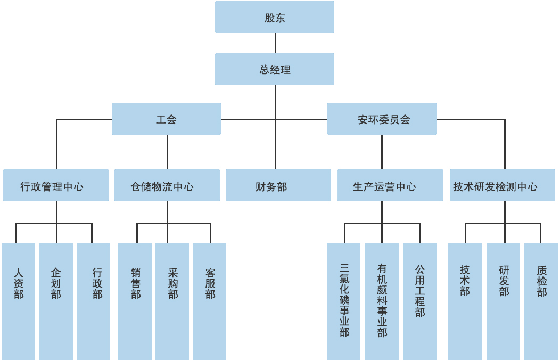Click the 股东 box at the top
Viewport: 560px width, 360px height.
click(x=275, y=17)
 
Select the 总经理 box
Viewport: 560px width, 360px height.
click(x=275, y=69)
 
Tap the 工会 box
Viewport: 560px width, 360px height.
click(x=166, y=119)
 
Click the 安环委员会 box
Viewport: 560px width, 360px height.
click(x=382, y=119)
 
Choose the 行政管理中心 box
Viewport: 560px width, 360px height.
click(x=56, y=185)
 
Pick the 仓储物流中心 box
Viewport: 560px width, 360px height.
click(x=167, y=185)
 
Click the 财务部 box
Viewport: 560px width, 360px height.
click(x=278, y=185)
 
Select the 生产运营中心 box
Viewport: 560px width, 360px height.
click(x=390, y=185)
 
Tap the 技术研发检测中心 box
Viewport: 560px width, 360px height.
click(x=502, y=185)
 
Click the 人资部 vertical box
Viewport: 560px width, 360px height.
click(x=19, y=301)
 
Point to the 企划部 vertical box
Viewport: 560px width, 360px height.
click(x=56, y=301)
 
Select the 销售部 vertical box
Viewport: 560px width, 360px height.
click(x=135, y=301)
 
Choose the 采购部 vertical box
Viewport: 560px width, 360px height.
click(x=172, y=301)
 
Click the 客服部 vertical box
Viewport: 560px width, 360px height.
click(x=210, y=301)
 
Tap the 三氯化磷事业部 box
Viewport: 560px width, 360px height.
click(x=344, y=301)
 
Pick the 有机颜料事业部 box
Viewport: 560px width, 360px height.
click(x=382, y=301)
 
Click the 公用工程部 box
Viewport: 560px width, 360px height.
click(x=419, y=301)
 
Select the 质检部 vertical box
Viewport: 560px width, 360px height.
click(x=541, y=301)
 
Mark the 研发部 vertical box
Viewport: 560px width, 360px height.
click(x=503, y=301)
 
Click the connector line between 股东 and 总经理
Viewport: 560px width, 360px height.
click(x=275, y=43)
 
